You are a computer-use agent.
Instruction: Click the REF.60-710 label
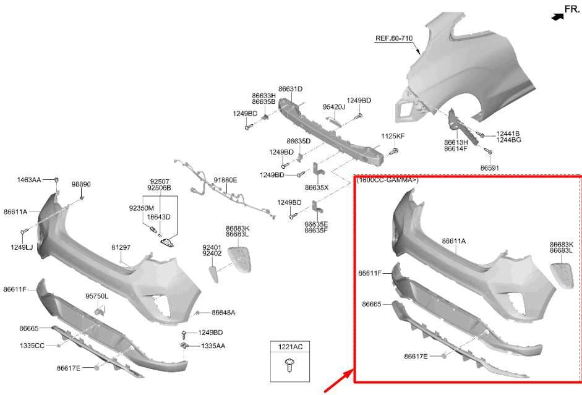[x=394, y=38]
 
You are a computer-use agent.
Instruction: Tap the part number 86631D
[x=290, y=89]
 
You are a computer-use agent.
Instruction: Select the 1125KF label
[x=393, y=136]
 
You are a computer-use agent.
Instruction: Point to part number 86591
[x=490, y=168]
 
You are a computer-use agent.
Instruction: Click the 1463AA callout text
[x=29, y=180]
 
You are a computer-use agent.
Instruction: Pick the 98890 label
[x=81, y=184]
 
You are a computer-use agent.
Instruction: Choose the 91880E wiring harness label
[x=225, y=181]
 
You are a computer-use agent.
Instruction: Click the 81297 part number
[x=121, y=247]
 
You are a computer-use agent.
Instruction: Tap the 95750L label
[x=97, y=296]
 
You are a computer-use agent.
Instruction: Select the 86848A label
[x=223, y=313]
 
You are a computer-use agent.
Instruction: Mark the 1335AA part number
[x=213, y=346]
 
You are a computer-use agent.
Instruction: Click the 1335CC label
[x=32, y=346]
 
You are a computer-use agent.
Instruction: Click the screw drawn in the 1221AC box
[x=289, y=365]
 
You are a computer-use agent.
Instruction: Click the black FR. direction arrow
[x=557, y=17]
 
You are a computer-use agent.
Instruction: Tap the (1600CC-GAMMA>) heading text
[x=388, y=181]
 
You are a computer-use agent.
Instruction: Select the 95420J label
[x=334, y=107]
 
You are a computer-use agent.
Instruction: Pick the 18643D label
[x=158, y=217]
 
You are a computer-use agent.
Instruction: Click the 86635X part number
[x=317, y=188]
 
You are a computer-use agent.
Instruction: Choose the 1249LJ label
[x=22, y=247]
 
